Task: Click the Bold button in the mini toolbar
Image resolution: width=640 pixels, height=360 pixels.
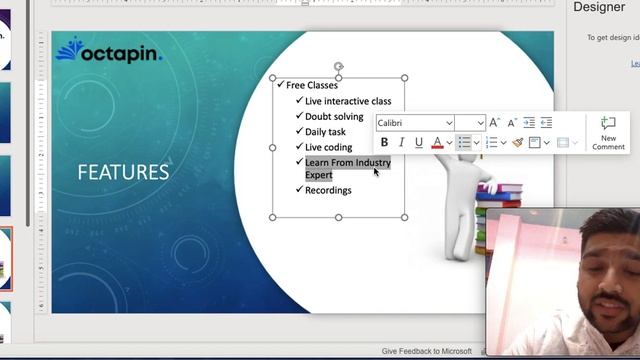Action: [x=384, y=143]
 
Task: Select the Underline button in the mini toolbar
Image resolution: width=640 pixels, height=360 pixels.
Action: [x=418, y=143]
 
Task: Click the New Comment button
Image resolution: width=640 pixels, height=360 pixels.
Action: [x=608, y=132]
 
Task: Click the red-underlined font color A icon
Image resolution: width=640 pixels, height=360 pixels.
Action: [x=437, y=143]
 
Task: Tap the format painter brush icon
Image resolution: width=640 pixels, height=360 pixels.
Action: [x=517, y=143]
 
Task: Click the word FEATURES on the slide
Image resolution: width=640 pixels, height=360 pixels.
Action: [x=123, y=172]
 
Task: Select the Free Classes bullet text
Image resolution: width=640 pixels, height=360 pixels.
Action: [x=312, y=85]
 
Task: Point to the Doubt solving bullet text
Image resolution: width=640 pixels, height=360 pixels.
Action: [x=334, y=117]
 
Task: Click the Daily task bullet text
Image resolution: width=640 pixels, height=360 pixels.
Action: [x=325, y=132]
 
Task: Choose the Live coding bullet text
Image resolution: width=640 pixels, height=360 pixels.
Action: [x=328, y=147]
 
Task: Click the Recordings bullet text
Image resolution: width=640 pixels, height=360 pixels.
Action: [x=328, y=190]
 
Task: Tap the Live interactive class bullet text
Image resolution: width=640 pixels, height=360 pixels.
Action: [x=348, y=101]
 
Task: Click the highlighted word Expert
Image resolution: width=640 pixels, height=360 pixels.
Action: [x=319, y=175]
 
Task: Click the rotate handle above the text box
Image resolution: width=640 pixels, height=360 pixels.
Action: [x=339, y=66]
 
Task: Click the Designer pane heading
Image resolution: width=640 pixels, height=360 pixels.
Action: [x=598, y=8]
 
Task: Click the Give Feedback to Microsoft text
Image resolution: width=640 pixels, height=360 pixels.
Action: [x=426, y=351]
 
